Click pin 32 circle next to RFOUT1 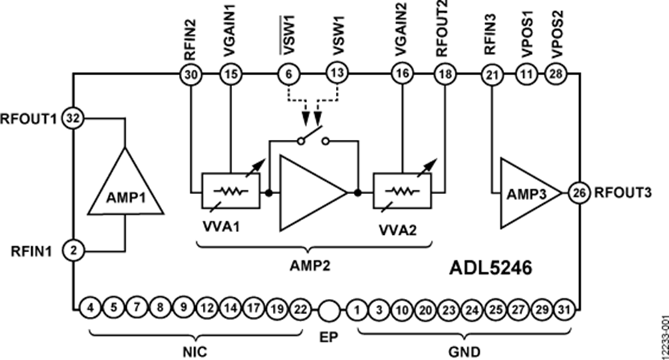73,118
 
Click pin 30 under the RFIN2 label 190,74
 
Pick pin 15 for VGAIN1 230,74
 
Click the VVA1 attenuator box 230,192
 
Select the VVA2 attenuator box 402,192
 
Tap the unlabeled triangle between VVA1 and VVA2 308,192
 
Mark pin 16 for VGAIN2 402,74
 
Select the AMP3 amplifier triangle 529,192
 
